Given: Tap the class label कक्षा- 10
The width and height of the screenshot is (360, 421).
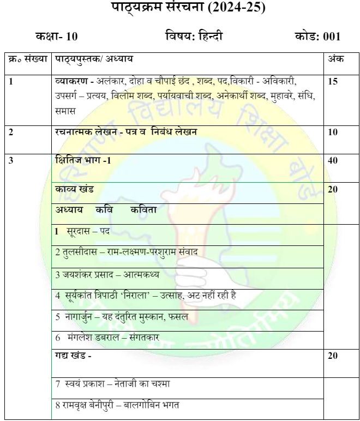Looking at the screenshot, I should coord(57,37).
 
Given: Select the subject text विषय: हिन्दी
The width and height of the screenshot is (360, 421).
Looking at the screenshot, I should coord(194,37).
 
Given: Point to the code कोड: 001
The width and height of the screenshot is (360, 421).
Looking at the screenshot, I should coord(317,37).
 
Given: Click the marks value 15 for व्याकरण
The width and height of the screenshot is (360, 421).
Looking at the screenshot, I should coord(333,82).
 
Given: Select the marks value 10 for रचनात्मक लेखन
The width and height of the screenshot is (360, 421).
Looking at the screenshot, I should coord(333,132).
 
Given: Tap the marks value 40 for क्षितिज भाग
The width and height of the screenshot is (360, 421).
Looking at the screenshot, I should coord(333,160).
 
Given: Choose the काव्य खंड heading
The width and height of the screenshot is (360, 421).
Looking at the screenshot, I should coord(75,189).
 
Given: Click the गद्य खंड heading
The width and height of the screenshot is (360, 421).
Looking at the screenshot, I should coord(73,356).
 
